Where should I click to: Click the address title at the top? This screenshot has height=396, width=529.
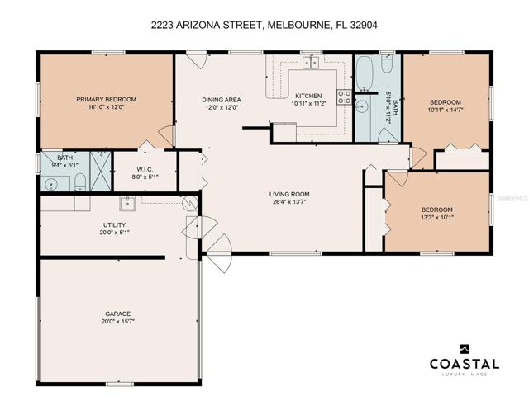click(x=264, y=25)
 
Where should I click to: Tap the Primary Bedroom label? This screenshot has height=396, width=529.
click(x=107, y=99)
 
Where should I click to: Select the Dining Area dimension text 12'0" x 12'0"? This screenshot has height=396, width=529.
click(x=222, y=108)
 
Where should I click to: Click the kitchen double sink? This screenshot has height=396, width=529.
click(x=311, y=63)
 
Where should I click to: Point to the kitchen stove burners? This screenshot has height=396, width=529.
click(x=345, y=97)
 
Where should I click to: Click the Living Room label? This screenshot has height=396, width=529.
click(x=289, y=194)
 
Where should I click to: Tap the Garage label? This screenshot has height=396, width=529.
click(x=117, y=313)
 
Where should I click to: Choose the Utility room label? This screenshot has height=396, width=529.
click(x=114, y=224)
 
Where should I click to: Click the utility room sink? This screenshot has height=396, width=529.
click(x=127, y=204)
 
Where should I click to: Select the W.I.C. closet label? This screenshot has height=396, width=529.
click(x=145, y=168)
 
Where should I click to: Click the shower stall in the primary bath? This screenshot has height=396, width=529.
click(x=100, y=172)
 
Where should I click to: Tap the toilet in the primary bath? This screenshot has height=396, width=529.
click(x=80, y=181)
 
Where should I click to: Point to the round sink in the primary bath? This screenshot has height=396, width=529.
click(x=51, y=184)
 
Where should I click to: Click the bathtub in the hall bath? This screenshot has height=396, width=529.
click(x=365, y=73)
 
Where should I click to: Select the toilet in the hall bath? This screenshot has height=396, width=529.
click(x=387, y=64)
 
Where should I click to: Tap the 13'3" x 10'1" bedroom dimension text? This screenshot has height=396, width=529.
click(x=437, y=217)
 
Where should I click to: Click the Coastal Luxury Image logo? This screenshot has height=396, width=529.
click(x=465, y=360)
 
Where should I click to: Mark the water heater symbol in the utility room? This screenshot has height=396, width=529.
click(x=189, y=203)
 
